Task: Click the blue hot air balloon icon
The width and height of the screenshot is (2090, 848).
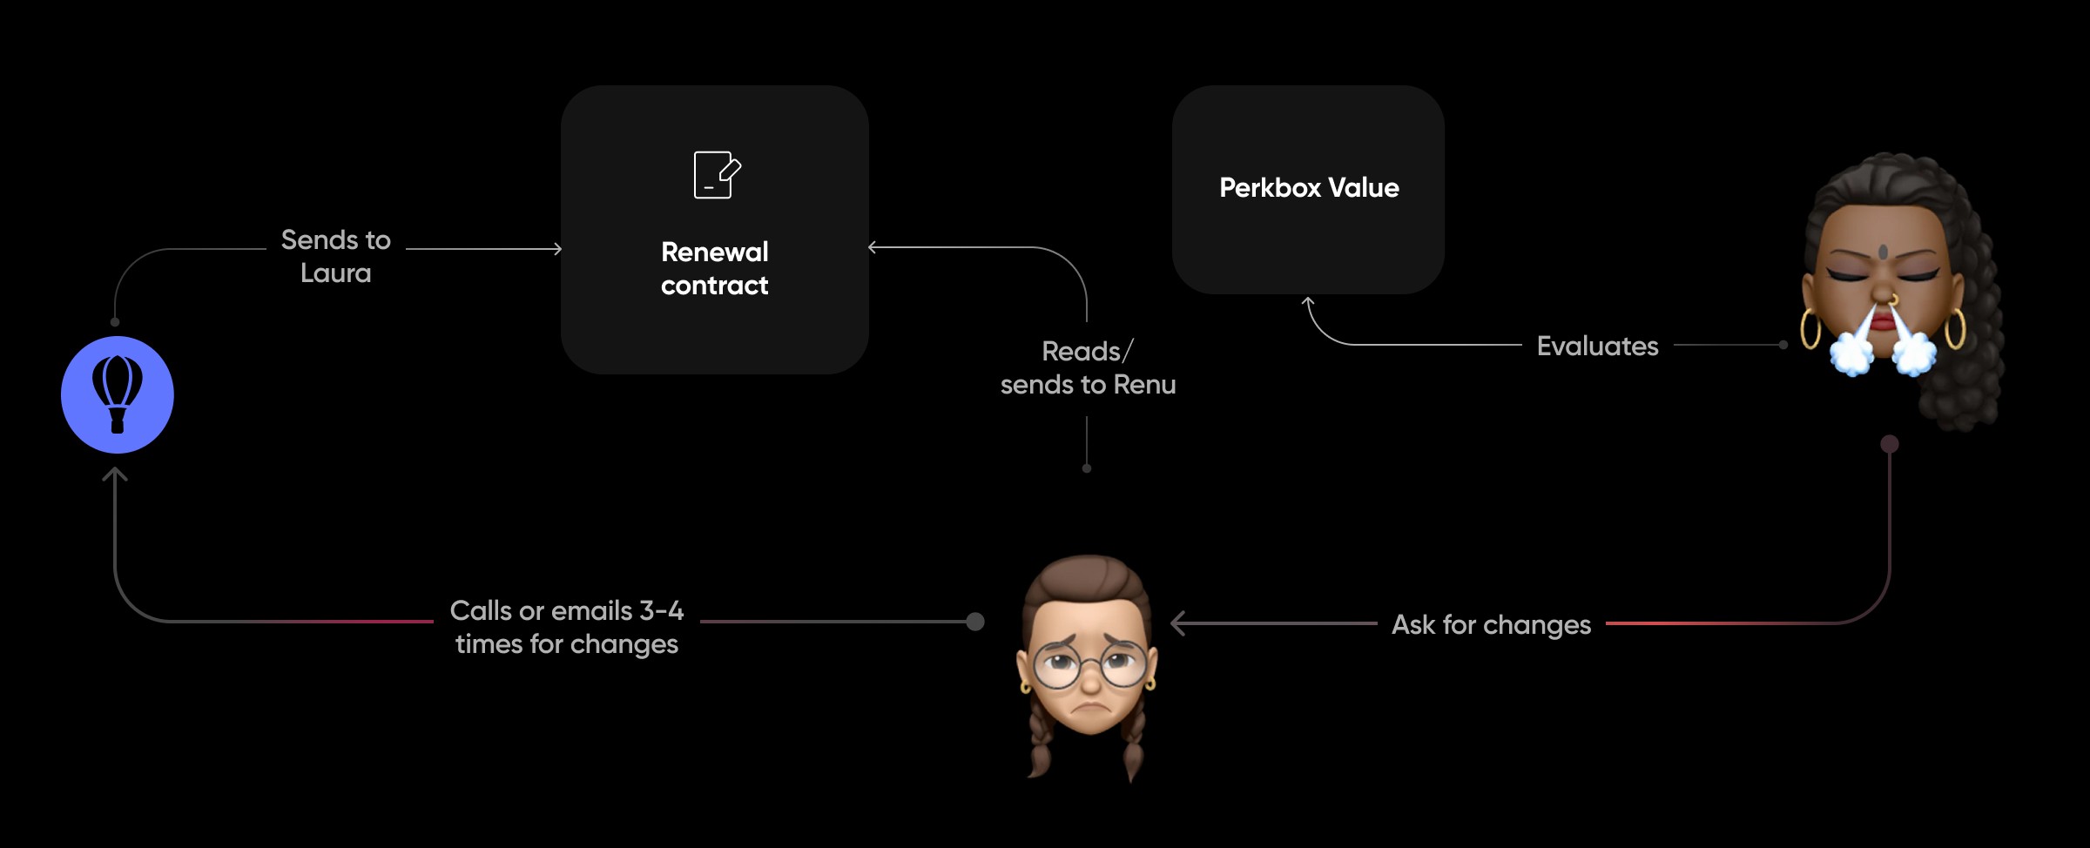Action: [x=118, y=394]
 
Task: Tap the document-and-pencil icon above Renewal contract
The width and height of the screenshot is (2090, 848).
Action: [x=716, y=175]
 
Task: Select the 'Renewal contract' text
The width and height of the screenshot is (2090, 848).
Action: [x=714, y=268]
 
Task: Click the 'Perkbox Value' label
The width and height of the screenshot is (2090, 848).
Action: [x=1309, y=188]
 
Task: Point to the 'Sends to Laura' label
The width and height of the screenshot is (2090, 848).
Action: [x=336, y=256]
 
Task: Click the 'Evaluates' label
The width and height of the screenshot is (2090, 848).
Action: [x=1597, y=347]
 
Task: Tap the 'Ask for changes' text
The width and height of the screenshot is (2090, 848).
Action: [x=1491, y=625]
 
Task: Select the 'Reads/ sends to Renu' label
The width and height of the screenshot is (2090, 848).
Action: [x=1088, y=367]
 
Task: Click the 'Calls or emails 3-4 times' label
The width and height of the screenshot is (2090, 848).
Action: [x=567, y=627]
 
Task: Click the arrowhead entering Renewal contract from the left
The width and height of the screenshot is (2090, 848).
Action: [x=557, y=249]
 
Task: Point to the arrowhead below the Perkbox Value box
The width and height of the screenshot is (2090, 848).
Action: [x=1307, y=301]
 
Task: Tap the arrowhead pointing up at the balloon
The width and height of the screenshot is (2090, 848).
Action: [x=115, y=474]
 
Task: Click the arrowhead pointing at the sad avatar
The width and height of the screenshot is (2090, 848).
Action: [x=1176, y=623]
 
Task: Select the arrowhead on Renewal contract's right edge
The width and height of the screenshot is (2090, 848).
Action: [x=873, y=247]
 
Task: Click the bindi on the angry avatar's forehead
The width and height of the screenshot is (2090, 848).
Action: [x=1883, y=252]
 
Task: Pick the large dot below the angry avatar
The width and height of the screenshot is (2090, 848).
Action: [x=1889, y=444]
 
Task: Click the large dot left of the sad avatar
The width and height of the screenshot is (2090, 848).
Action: [x=975, y=622]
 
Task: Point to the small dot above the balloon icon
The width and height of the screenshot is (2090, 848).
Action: [x=115, y=322]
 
